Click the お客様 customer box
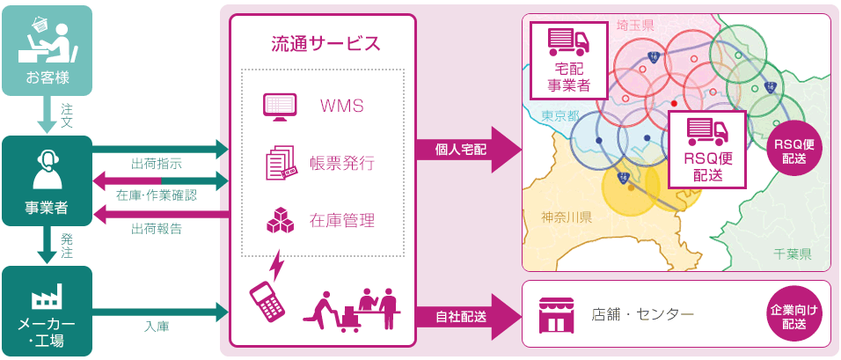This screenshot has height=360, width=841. [47, 50]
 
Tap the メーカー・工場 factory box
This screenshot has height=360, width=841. [47, 311]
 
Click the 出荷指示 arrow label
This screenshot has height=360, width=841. [157, 164]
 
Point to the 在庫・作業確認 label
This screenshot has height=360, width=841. [157, 195]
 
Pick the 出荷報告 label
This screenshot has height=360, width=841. [157, 229]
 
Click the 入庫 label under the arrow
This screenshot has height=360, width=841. [157, 326]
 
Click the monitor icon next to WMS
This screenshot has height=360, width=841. [279, 107]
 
